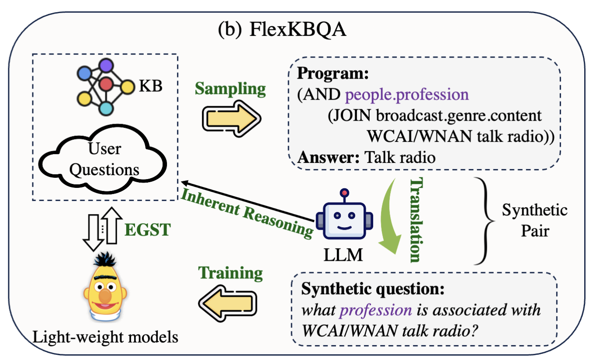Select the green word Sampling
230,89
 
